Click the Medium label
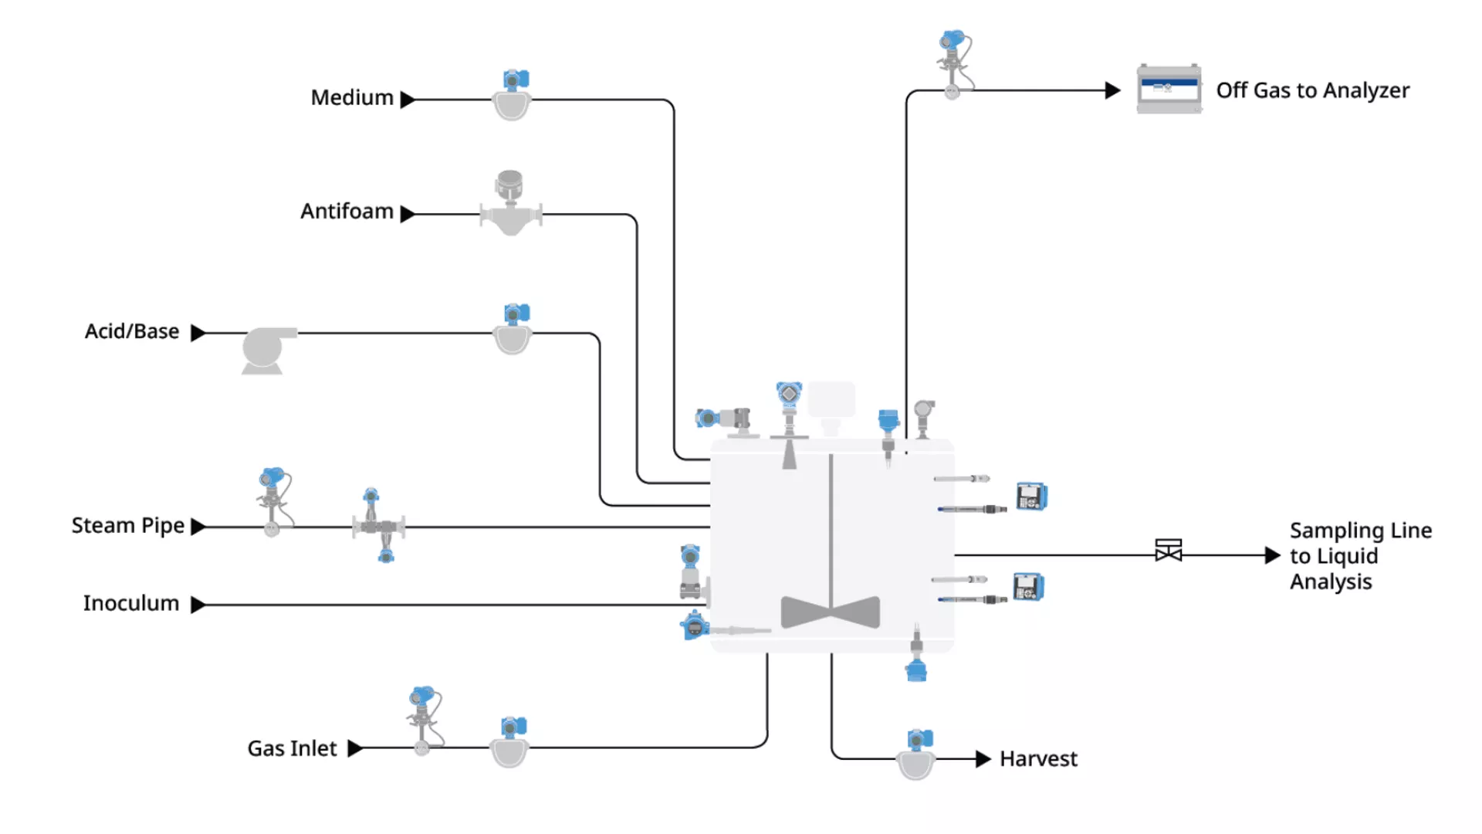tap(352, 98)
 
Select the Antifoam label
tap(347, 212)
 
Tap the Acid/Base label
tap(132, 331)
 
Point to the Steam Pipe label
tap(128, 526)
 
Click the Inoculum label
tap(131, 603)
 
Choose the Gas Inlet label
tap(292, 748)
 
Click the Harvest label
tap(1038, 759)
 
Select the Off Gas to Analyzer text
tap(1313, 90)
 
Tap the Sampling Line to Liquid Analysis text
tap(1361, 556)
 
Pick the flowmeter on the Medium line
tap(513, 95)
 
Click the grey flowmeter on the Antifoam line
tap(510, 203)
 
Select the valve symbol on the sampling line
tap(1169, 551)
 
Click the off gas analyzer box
tap(1169, 89)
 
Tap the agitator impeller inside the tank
tap(831, 612)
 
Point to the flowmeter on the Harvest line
tap(916, 754)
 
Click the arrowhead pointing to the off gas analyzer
tap(1112, 90)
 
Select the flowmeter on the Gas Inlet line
tap(510, 743)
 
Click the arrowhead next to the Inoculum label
tap(198, 605)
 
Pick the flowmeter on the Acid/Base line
tap(513, 329)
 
